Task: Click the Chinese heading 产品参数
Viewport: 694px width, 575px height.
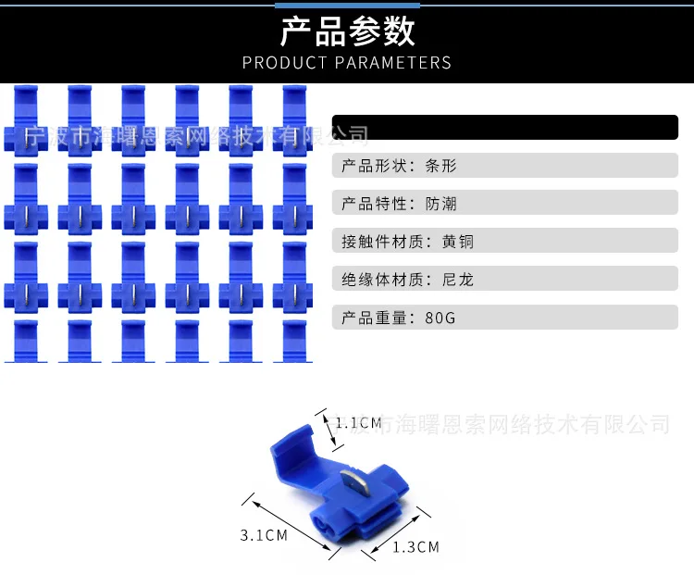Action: [347, 31]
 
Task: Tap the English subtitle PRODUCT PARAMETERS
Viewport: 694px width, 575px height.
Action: [347, 63]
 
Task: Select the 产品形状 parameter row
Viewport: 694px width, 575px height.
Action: [505, 165]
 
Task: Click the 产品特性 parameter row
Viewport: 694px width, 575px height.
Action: [505, 203]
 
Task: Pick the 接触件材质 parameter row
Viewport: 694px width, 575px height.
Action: [505, 241]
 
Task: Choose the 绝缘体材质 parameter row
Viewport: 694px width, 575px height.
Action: [505, 279]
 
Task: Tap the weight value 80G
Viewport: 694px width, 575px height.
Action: [440, 318]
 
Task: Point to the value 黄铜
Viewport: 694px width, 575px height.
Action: [458, 242]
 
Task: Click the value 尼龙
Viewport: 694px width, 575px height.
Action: [458, 280]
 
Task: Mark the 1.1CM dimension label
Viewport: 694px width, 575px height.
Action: [358, 423]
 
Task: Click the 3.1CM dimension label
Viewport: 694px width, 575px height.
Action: [264, 535]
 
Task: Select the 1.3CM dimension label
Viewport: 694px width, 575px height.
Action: [416, 547]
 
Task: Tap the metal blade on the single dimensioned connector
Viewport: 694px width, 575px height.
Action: [354, 485]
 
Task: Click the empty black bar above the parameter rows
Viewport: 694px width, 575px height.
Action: [505, 127]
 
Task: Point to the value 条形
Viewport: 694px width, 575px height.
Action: [440, 166]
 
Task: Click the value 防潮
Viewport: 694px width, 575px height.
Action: [440, 204]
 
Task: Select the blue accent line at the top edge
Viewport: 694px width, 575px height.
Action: [347, 6]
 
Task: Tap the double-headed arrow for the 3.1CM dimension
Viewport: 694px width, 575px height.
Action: [291, 525]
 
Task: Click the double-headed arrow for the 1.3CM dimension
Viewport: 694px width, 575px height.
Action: [395, 534]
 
